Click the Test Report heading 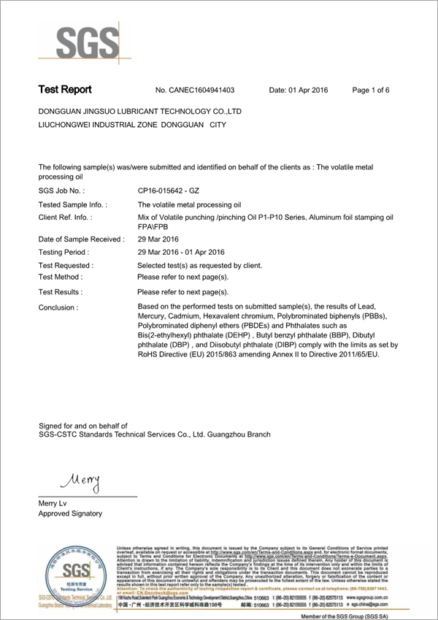point(65,90)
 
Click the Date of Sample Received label point(81,239)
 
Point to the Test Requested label point(66,265)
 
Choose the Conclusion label point(58,307)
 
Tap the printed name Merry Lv point(54,503)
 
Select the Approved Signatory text point(70,514)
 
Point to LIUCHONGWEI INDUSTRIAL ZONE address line point(131,125)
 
